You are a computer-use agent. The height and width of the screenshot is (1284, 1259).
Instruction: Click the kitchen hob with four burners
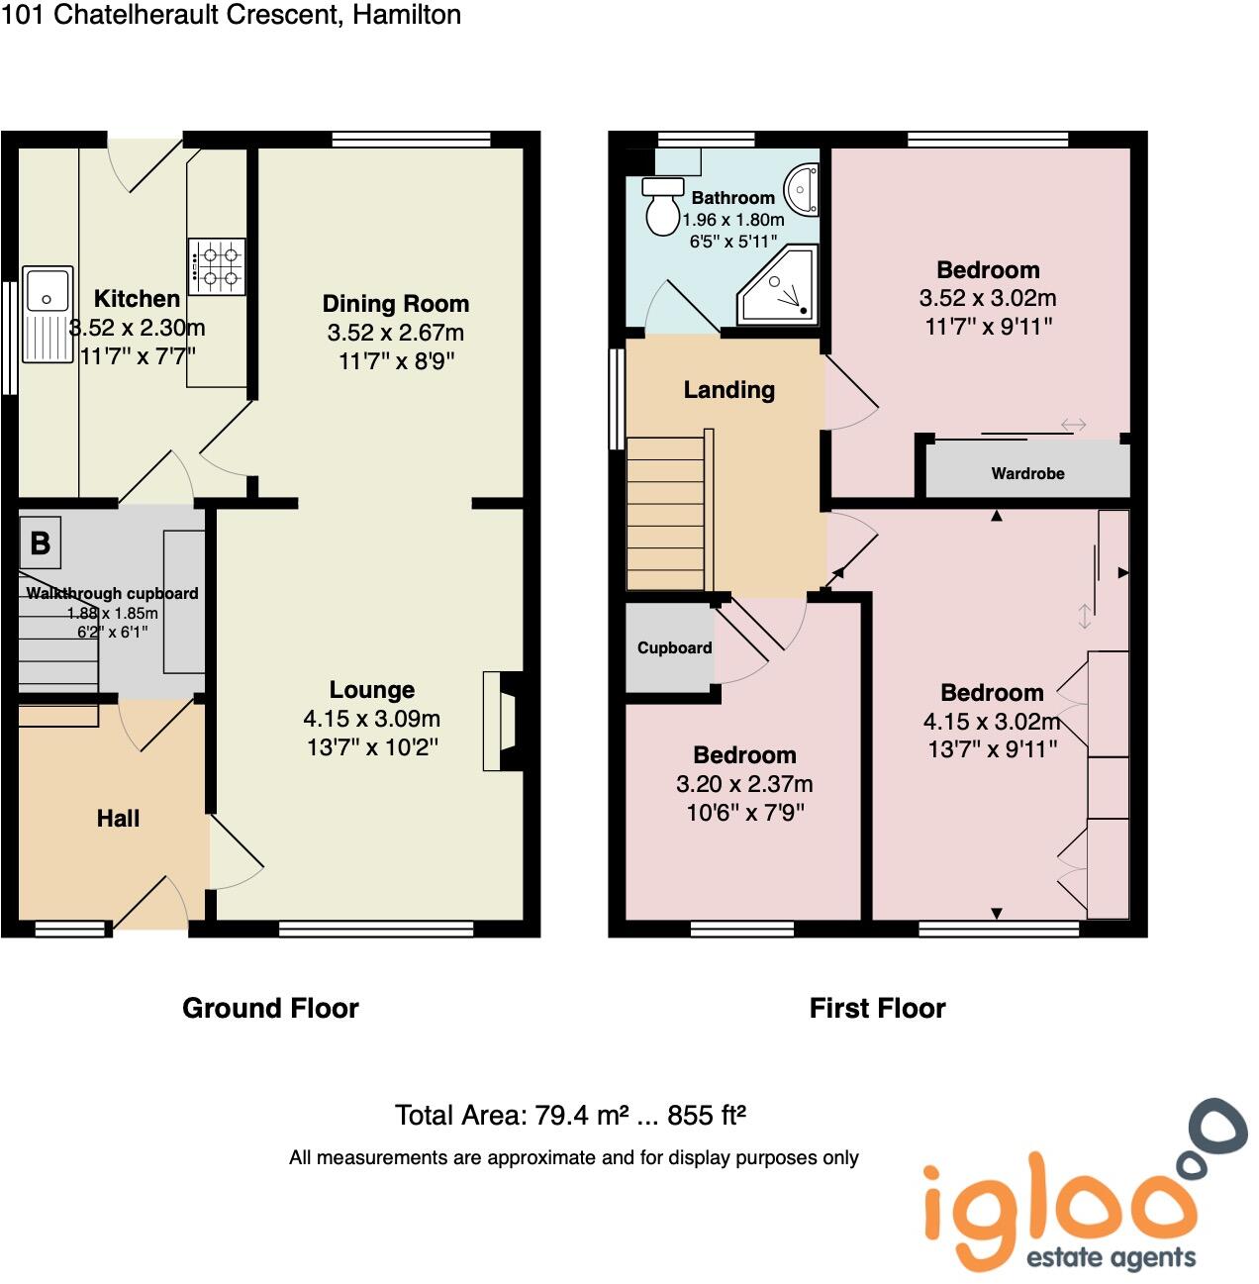(x=217, y=266)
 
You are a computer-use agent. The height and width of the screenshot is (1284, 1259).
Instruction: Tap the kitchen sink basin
(x=47, y=290)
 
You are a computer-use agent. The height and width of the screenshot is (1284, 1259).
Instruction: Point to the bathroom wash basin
(x=803, y=188)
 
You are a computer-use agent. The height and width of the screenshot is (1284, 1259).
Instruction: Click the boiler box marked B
(x=41, y=543)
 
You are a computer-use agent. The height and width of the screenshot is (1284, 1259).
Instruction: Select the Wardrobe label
(x=1027, y=473)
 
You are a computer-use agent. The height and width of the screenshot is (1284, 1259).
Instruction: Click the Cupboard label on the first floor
(x=674, y=647)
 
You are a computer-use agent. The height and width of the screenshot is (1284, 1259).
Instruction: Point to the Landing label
(x=728, y=389)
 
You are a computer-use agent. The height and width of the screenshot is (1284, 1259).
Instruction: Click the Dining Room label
(x=395, y=304)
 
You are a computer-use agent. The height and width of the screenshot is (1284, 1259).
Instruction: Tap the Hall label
(x=118, y=818)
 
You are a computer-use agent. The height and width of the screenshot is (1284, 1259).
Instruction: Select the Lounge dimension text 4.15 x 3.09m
(x=371, y=719)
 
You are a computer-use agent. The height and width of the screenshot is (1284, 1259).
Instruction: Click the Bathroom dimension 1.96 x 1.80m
(x=733, y=220)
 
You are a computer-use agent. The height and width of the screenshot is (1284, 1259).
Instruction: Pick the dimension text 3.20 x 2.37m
(x=744, y=784)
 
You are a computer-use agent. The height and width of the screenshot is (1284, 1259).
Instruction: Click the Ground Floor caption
(x=270, y=1008)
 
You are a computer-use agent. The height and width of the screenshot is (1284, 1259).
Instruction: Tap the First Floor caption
(x=877, y=1008)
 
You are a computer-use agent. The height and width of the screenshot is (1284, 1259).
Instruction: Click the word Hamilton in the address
(x=406, y=15)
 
